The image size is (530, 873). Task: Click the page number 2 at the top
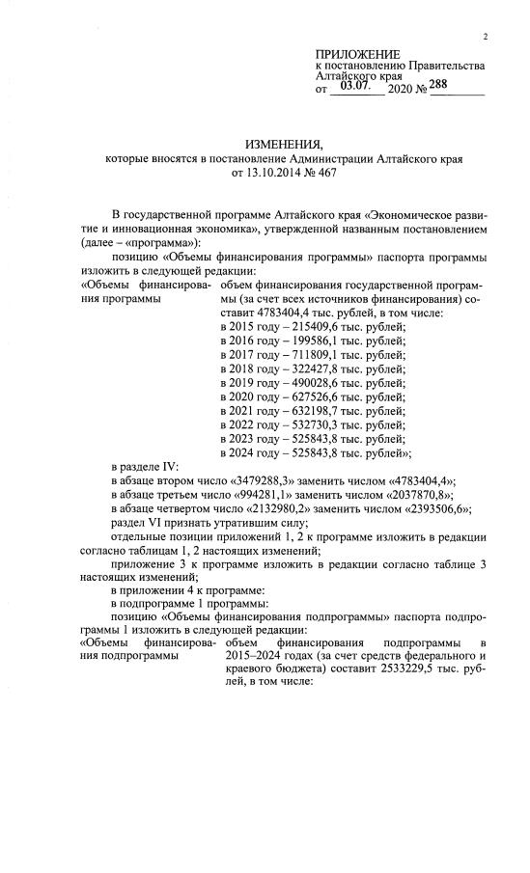tap(486, 37)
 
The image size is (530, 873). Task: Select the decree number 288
tap(443, 85)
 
